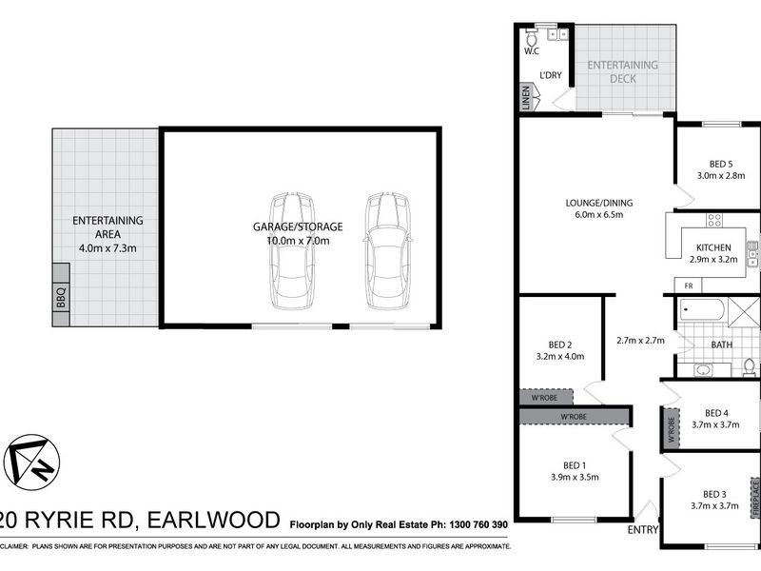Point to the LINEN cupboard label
point(525,98)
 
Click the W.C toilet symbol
point(532,39)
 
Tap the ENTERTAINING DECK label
point(623,71)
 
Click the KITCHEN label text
point(713,247)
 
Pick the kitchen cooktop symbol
point(713,221)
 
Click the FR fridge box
point(688,285)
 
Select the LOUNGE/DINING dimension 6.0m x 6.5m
point(599,215)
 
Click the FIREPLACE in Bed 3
point(755,499)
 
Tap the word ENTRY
point(644,529)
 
